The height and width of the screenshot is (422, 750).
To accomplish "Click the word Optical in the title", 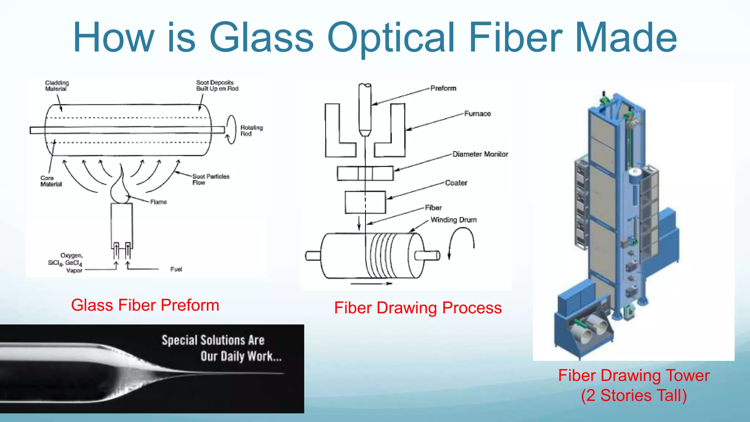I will click(390, 38).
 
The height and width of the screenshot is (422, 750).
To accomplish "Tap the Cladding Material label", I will click(57, 86).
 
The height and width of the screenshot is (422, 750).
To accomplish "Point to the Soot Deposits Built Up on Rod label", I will click(217, 85).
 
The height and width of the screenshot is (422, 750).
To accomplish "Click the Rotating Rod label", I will click(251, 130).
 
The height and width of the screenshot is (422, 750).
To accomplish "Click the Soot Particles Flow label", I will click(211, 179).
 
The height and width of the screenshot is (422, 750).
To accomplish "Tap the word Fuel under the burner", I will click(176, 269).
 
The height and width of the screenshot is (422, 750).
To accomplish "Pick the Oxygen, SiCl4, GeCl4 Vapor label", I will click(67, 263).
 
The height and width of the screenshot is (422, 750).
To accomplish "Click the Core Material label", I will click(51, 181).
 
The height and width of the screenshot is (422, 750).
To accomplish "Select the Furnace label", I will click(477, 114).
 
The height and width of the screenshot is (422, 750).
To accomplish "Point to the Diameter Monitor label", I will click(480, 154).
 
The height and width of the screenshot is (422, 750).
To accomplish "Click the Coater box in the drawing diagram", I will click(365, 202).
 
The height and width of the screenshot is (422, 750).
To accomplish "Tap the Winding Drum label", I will click(453, 220).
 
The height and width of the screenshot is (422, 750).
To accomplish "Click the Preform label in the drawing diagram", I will click(443, 88).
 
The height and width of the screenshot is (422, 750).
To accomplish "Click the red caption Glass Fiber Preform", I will click(145, 305).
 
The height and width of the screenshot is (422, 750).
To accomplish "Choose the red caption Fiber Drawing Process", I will click(418, 308).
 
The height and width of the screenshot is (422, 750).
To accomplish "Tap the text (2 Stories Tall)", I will click(634, 396).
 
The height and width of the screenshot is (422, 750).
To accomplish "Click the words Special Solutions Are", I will click(213, 340).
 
